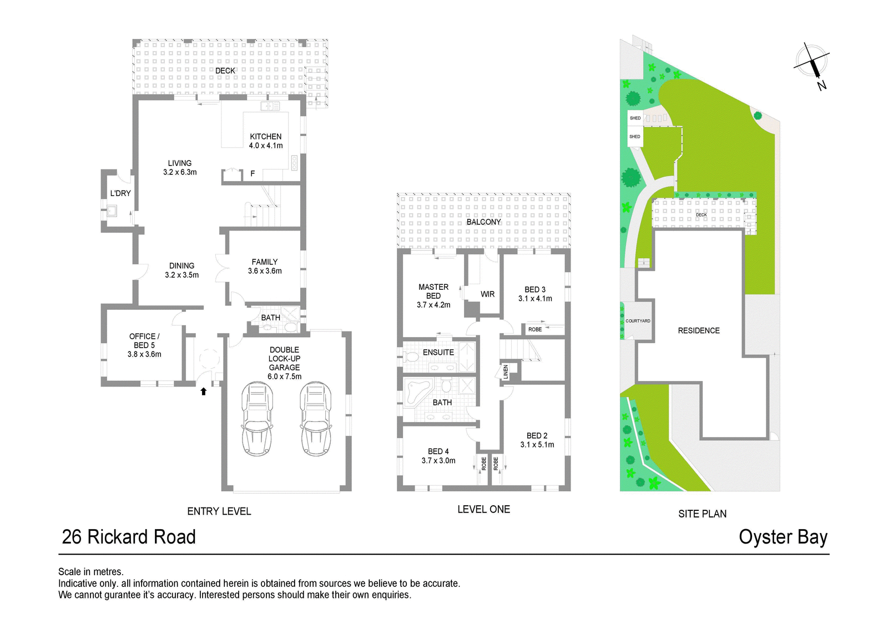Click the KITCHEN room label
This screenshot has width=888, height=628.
pyautogui.click(x=266, y=137)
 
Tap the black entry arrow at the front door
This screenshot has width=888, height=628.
pyautogui.click(x=203, y=391)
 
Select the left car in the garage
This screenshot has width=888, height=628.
pyautogui.click(x=258, y=419)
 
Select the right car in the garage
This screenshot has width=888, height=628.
pyautogui.click(x=316, y=419)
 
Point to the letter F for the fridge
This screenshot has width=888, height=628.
pyautogui.click(x=253, y=173)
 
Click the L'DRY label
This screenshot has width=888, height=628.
pyautogui.click(x=120, y=193)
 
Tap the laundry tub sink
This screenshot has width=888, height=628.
pyautogui.click(x=112, y=210)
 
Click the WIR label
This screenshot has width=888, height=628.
pyautogui.click(x=487, y=294)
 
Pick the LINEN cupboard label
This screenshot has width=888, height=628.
pyautogui.click(x=506, y=372)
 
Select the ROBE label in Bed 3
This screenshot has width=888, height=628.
pyautogui.click(x=535, y=329)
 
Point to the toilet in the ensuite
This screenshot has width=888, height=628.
pyautogui.click(x=411, y=356)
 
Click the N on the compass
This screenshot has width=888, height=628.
pyautogui.click(x=821, y=85)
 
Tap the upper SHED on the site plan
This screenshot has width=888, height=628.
pyautogui.click(x=635, y=118)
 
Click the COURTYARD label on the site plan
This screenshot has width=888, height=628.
pyautogui.click(x=638, y=321)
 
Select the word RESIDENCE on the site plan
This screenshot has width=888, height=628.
pyautogui.click(x=699, y=330)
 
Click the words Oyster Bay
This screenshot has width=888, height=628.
pyautogui.click(x=783, y=537)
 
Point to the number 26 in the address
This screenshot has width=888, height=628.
pyautogui.click(x=72, y=537)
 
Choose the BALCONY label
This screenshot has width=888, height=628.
pyautogui.click(x=483, y=222)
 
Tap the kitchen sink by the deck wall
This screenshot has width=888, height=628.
pyautogui.click(x=270, y=106)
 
